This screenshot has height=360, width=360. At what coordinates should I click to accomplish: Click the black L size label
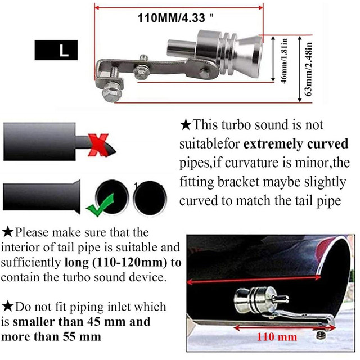(56, 50)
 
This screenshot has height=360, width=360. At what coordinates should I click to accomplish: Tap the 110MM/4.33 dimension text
(175, 18)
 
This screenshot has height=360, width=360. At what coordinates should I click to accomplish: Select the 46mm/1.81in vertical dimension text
(284, 60)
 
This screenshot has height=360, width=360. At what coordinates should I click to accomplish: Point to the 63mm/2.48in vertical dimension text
(309, 69)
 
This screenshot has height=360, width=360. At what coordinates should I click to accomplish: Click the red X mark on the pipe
(98, 145)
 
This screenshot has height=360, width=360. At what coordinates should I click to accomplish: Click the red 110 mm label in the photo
(277, 337)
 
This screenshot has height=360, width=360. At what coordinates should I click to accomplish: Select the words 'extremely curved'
(296, 144)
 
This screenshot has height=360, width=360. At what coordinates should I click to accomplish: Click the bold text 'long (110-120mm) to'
(123, 263)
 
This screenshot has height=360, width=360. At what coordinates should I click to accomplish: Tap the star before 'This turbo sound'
(186, 125)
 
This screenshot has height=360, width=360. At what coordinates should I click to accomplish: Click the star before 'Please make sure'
(8, 232)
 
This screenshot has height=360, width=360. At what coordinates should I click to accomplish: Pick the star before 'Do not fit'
(8, 307)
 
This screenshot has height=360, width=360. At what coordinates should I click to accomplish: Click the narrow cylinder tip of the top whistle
(181, 48)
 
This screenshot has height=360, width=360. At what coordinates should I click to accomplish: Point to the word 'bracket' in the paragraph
(239, 182)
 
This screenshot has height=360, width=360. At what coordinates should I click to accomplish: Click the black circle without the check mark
(150, 198)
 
